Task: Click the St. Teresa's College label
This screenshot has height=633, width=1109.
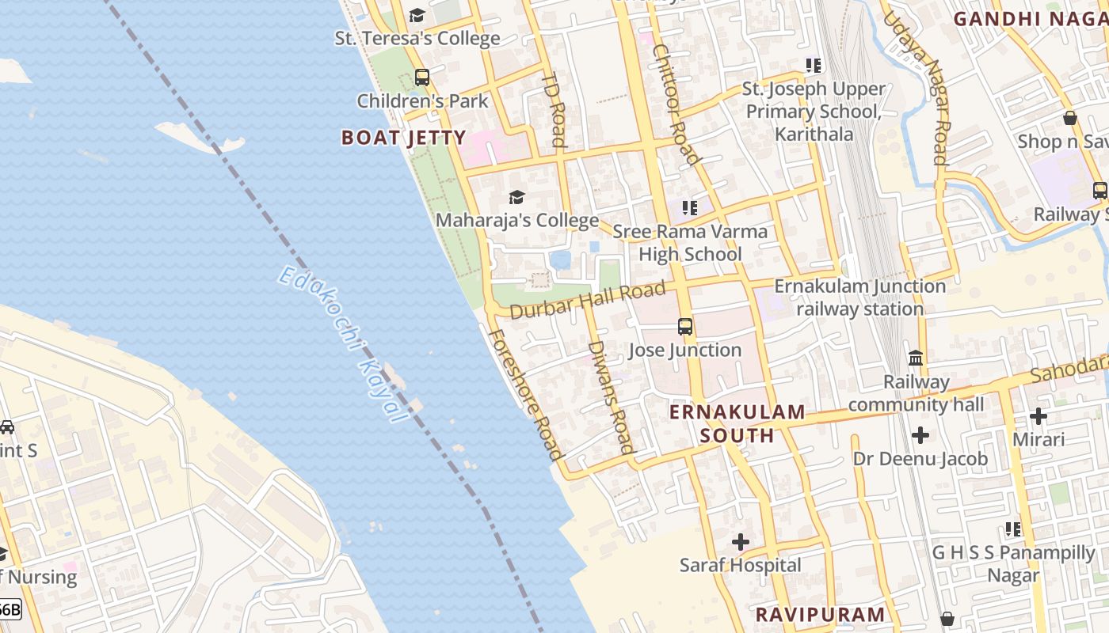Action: tap(417, 38)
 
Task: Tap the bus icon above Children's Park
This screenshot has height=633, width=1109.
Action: tap(421, 78)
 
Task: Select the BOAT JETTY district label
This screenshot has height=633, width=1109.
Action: tap(403, 138)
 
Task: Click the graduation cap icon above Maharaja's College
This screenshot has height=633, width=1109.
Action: tap(516, 197)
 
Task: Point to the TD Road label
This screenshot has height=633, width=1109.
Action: tap(554, 111)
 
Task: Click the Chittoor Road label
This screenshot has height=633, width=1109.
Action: tap(676, 104)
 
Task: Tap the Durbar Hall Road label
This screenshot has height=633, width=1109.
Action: tap(587, 301)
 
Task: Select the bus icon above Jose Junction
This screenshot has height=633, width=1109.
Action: tap(685, 327)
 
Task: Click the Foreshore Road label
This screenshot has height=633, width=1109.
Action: tap(524, 395)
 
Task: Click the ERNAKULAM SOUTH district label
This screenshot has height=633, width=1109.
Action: tap(737, 423)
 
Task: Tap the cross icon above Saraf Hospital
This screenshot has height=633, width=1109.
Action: tap(741, 542)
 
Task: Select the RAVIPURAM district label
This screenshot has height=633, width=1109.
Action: tap(819, 614)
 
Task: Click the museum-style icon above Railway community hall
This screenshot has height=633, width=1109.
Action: tap(916, 358)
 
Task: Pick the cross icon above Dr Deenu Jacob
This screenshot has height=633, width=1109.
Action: tap(920, 435)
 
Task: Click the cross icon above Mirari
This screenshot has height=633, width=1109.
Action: tap(1038, 415)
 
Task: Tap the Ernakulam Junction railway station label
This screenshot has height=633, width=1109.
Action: tap(859, 297)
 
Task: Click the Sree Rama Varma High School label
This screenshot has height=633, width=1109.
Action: tap(690, 243)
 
